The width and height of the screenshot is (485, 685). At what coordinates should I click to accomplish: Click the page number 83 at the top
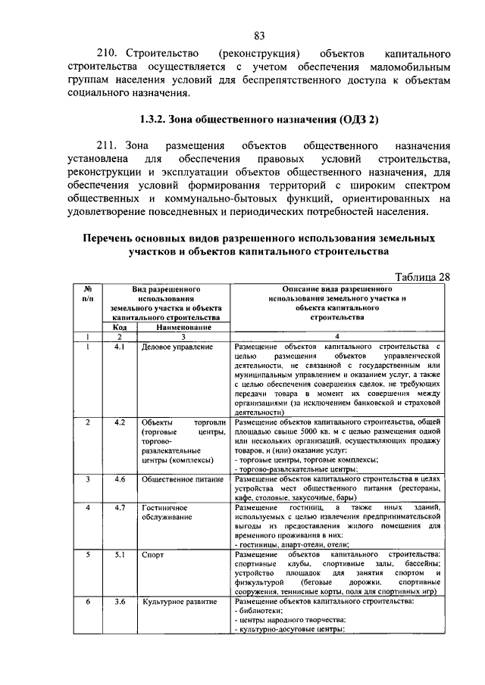[259, 36]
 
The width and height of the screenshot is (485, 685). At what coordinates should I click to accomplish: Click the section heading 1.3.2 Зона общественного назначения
[259, 120]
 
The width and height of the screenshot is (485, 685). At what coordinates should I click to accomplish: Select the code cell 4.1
[119, 346]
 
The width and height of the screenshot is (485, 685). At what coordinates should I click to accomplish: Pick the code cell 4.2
[119, 421]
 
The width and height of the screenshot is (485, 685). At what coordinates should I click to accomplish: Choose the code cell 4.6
[119, 479]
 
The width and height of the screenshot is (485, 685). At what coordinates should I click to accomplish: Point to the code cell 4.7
[119, 506]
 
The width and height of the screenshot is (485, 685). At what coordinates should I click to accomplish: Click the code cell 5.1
[119, 555]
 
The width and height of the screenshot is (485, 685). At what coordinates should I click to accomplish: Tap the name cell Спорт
[152, 555]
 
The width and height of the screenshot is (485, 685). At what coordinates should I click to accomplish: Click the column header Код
[119, 327]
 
